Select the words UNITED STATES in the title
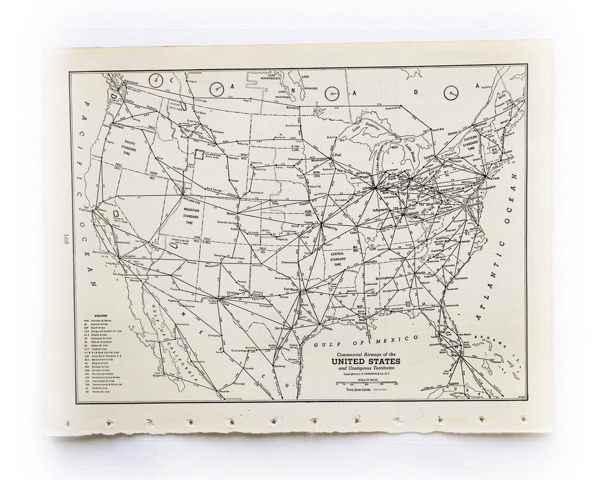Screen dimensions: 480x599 (x=366, y=362)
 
